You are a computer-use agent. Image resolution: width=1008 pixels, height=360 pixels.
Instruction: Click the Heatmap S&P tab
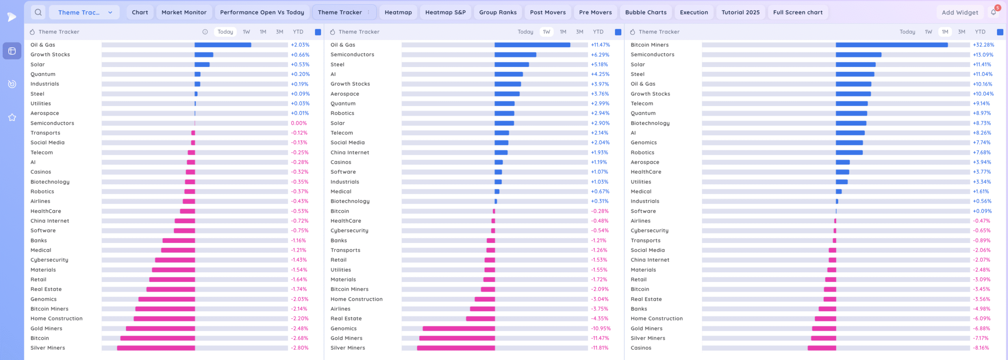click(445, 12)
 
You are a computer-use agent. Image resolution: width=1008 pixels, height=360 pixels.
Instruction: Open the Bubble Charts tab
click(646, 12)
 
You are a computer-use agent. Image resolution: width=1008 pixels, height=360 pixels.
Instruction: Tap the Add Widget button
click(960, 13)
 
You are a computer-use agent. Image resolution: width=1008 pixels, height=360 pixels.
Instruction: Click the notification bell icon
click(993, 12)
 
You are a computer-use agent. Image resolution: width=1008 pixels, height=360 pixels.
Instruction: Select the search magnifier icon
click(38, 12)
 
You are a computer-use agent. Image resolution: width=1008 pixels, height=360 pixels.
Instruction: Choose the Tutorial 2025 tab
click(740, 12)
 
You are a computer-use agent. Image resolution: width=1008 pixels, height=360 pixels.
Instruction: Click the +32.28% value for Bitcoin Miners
click(983, 45)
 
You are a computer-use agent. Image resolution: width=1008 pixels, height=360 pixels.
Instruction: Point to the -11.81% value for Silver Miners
click(600, 348)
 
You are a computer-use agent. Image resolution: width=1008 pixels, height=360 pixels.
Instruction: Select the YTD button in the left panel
click(298, 32)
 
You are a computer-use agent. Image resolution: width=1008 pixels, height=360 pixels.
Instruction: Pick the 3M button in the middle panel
click(580, 32)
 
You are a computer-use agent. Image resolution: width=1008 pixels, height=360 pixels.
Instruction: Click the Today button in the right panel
click(907, 32)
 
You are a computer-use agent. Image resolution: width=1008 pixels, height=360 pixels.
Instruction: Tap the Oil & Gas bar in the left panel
click(223, 45)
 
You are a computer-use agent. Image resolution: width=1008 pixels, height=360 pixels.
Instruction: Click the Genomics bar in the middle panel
click(459, 328)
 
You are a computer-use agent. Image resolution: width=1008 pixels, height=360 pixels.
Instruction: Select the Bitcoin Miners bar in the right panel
click(891, 45)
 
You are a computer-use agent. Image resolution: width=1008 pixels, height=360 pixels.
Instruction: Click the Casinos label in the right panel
click(641, 348)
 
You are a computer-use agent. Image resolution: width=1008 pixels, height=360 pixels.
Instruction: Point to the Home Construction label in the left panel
click(57, 319)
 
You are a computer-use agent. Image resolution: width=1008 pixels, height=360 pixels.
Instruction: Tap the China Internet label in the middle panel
click(350, 152)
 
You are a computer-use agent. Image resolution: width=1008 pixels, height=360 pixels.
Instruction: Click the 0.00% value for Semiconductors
click(299, 123)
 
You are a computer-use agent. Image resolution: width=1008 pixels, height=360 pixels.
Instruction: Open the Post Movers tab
click(548, 12)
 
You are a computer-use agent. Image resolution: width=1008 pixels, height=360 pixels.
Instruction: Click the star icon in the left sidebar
click(12, 117)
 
